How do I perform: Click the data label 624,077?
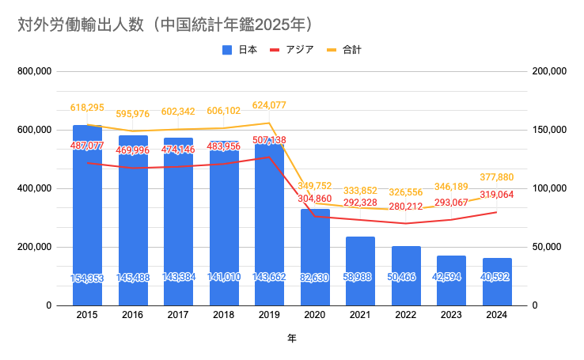pyautogui.click(x=270, y=106)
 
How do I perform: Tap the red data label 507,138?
pyautogui.click(x=270, y=141)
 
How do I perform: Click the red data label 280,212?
pyautogui.click(x=407, y=207)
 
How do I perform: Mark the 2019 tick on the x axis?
pyautogui.click(x=270, y=314)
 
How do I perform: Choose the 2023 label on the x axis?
pyautogui.click(x=452, y=314)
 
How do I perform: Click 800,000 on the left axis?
pyautogui.click(x=35, y=71)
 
